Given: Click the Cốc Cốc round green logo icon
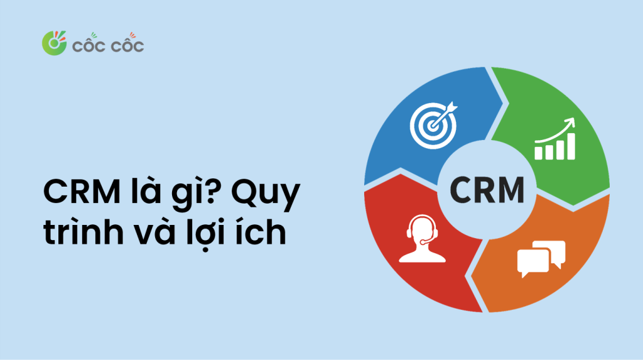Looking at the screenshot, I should pyautogui.click(x=54, y=43).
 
